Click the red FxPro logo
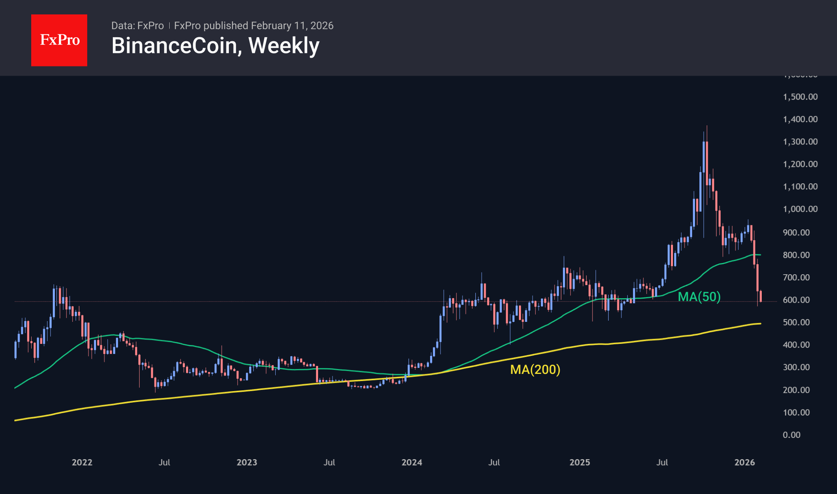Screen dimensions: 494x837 coord(59,40)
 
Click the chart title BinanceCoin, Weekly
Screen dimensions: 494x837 coord(215,46)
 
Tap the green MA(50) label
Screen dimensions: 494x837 coord(699,297)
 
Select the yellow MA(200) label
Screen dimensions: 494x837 coord(535,369)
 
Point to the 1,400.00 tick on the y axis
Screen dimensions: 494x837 coord(800,119)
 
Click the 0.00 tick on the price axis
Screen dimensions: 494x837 coord(791,435)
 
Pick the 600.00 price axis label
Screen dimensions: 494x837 coord(796,300)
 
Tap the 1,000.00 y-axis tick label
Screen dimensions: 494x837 coord(800,209)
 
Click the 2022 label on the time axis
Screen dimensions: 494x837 coord(82,462)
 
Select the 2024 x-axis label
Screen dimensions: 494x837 coord(412,462)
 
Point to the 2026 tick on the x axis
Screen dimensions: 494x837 coord(745,462)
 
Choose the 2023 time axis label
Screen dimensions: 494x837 coord(247,462)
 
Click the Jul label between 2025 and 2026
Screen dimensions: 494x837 coord(662,462)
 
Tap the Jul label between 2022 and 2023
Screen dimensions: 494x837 coord(164,462)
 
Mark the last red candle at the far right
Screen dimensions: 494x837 coord(761,296)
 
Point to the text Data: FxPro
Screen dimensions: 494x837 coord(137,26)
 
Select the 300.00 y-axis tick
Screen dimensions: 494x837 coord(796,367)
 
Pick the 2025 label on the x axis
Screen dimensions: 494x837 coord(580,462)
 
